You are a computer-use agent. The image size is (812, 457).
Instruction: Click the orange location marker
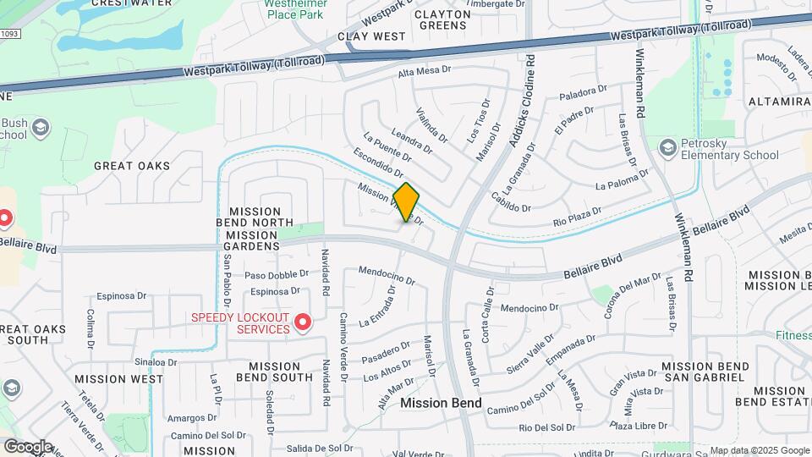(406, 202)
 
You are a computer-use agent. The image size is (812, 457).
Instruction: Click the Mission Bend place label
(442, 403)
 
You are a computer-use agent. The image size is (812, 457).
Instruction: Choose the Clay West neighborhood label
(371, 36)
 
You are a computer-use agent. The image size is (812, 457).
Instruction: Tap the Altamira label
(779, 102)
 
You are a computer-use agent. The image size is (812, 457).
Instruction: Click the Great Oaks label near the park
(131, 166)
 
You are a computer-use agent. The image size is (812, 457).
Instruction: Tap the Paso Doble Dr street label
(277, 275)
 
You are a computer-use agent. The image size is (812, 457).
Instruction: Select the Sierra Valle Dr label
(531, 352)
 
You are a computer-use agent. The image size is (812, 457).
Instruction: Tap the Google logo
(28, 446)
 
